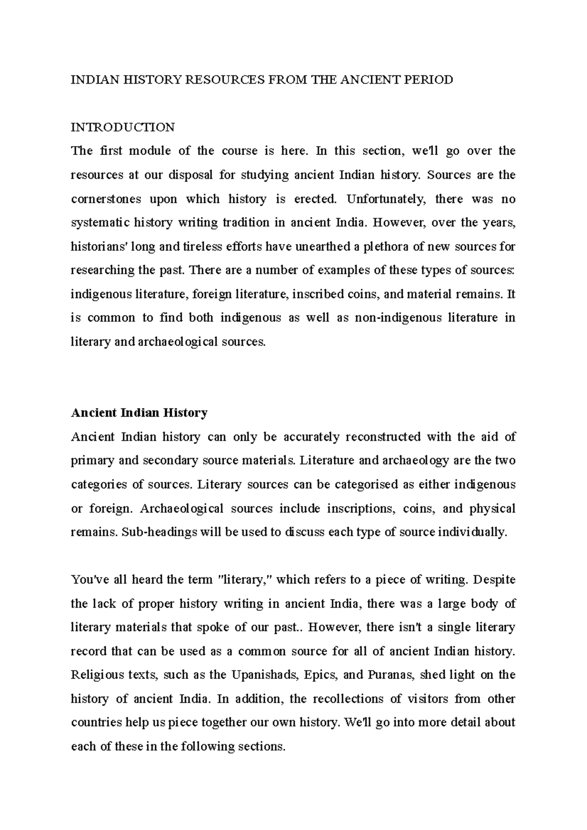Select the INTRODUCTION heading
(123, 128)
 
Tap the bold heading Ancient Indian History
(139, 413)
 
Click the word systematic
(100, 223)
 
